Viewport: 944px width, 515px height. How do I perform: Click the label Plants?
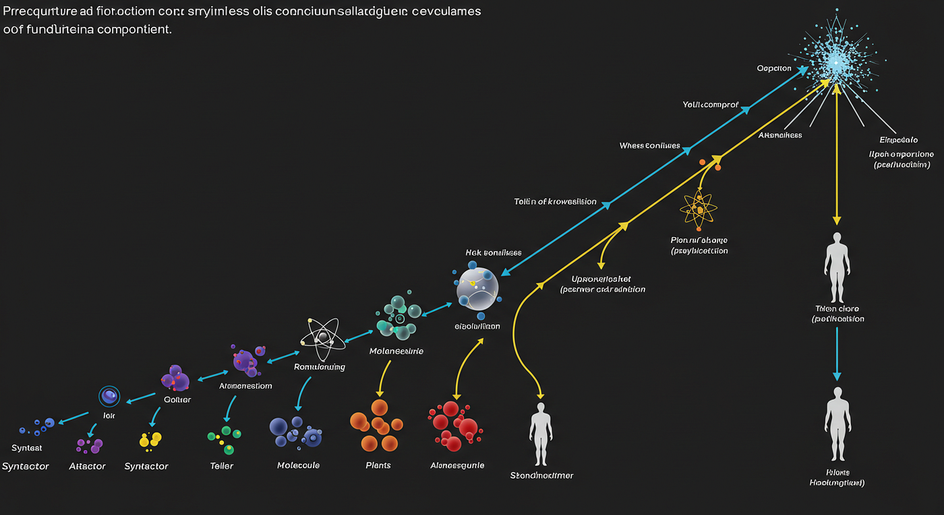pyautogui.click(x=378, y=465)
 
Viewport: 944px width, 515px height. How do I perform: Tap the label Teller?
pyautogui.click(x=221, y=466)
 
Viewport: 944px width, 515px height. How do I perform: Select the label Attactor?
pyautogui.click(x=88, y=466)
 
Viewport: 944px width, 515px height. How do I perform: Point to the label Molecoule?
pyautogui.click(x=298, y=465)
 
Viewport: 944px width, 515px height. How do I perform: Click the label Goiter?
pyautogui.click(x=177, y=400)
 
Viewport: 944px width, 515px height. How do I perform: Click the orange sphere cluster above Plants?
pyautogui.click(x=376, y=425)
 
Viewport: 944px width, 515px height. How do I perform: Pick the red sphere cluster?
pyautogui.click(x=453, y=425)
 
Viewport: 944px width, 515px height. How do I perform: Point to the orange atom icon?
pyautogui.click(x=699, y=210)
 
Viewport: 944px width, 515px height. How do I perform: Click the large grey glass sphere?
pyautogui.click(x=477, y=289)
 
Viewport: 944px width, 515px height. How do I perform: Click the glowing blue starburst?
pyautogui.click(x=835, y=61)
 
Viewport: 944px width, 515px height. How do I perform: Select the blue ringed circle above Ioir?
pyautogui.click(x=109, y=396)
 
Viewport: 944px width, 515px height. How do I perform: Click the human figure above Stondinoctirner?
pyautogui.click(x=541, y=433)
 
